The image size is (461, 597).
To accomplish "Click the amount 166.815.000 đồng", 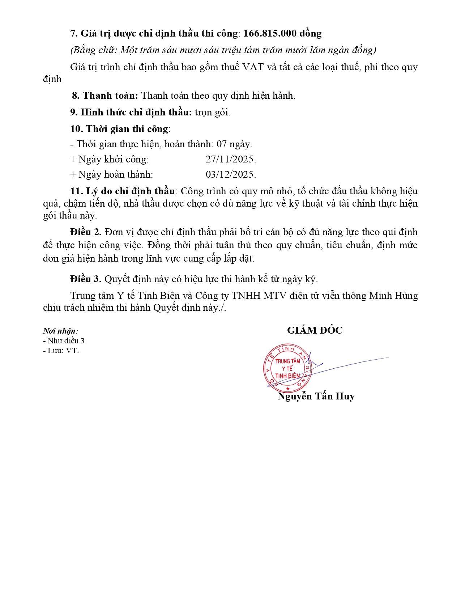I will [x=282, y=33].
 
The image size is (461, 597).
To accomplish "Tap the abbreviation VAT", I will [x=253, y=67].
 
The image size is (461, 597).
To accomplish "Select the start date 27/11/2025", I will [x=231, y=159].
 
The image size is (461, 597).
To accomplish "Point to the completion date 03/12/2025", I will [x=231, y=174].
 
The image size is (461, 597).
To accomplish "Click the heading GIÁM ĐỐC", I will [x=315, y=330].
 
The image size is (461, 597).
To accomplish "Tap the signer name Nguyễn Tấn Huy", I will [x=316, y=396].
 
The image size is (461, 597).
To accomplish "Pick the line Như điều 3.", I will [x=65, y=341].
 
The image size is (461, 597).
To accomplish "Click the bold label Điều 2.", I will [x=86, y=232].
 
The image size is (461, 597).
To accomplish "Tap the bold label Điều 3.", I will [x=86, y=279].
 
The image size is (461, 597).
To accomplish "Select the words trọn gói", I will [x=212, y=112].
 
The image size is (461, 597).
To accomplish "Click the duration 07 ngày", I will [x=234, y=144].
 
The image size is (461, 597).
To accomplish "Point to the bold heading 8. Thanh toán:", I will [x=105, y=96].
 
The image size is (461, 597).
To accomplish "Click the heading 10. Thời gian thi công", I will [x=119, y=129].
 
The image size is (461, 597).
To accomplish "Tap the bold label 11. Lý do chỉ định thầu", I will [x=123, y=191].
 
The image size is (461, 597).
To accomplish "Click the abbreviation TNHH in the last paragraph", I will [x=246, y=296].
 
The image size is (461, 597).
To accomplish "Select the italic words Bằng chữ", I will [x=93, y=50].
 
